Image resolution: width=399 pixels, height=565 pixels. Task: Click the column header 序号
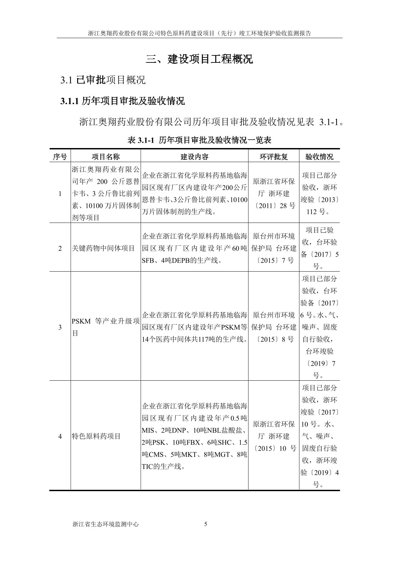pos(60,157)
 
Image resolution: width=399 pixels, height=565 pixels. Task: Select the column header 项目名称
pos(106,157)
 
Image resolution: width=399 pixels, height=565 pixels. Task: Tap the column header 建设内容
pos(194,157)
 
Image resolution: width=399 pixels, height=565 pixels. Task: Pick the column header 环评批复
pos(274,157)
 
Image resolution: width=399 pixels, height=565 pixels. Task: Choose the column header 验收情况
pos(319,157)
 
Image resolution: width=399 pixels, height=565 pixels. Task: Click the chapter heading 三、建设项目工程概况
pos(199,59)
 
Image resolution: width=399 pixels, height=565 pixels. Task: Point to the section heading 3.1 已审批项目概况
pos(103,80)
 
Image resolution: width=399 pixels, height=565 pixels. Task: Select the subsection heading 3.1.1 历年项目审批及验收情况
pos(122,101)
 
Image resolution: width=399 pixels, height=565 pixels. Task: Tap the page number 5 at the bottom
pos(206,524)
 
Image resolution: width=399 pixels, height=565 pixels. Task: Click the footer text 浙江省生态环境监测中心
pos(105,524)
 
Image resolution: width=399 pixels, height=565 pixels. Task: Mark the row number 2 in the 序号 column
pos(60,248)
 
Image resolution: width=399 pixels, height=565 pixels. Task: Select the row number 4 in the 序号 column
pos(60,436)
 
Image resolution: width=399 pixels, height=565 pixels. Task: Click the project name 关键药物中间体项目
pos(103,248)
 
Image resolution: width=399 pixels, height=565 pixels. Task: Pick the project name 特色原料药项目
pos(96,436)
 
